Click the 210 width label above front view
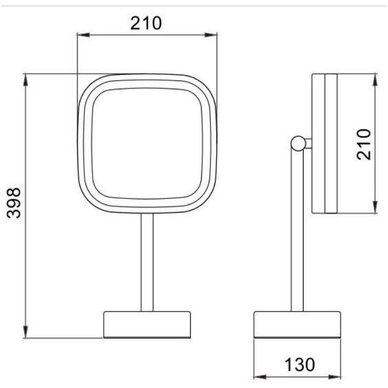(146, 23)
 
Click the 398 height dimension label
(14, 203)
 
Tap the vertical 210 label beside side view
(364, 144)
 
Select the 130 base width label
(299, 364)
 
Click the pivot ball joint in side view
(298, 144)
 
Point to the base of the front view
(147, 324)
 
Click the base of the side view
(297, 324)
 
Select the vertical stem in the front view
(147, 263)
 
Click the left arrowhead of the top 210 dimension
(83, 35)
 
